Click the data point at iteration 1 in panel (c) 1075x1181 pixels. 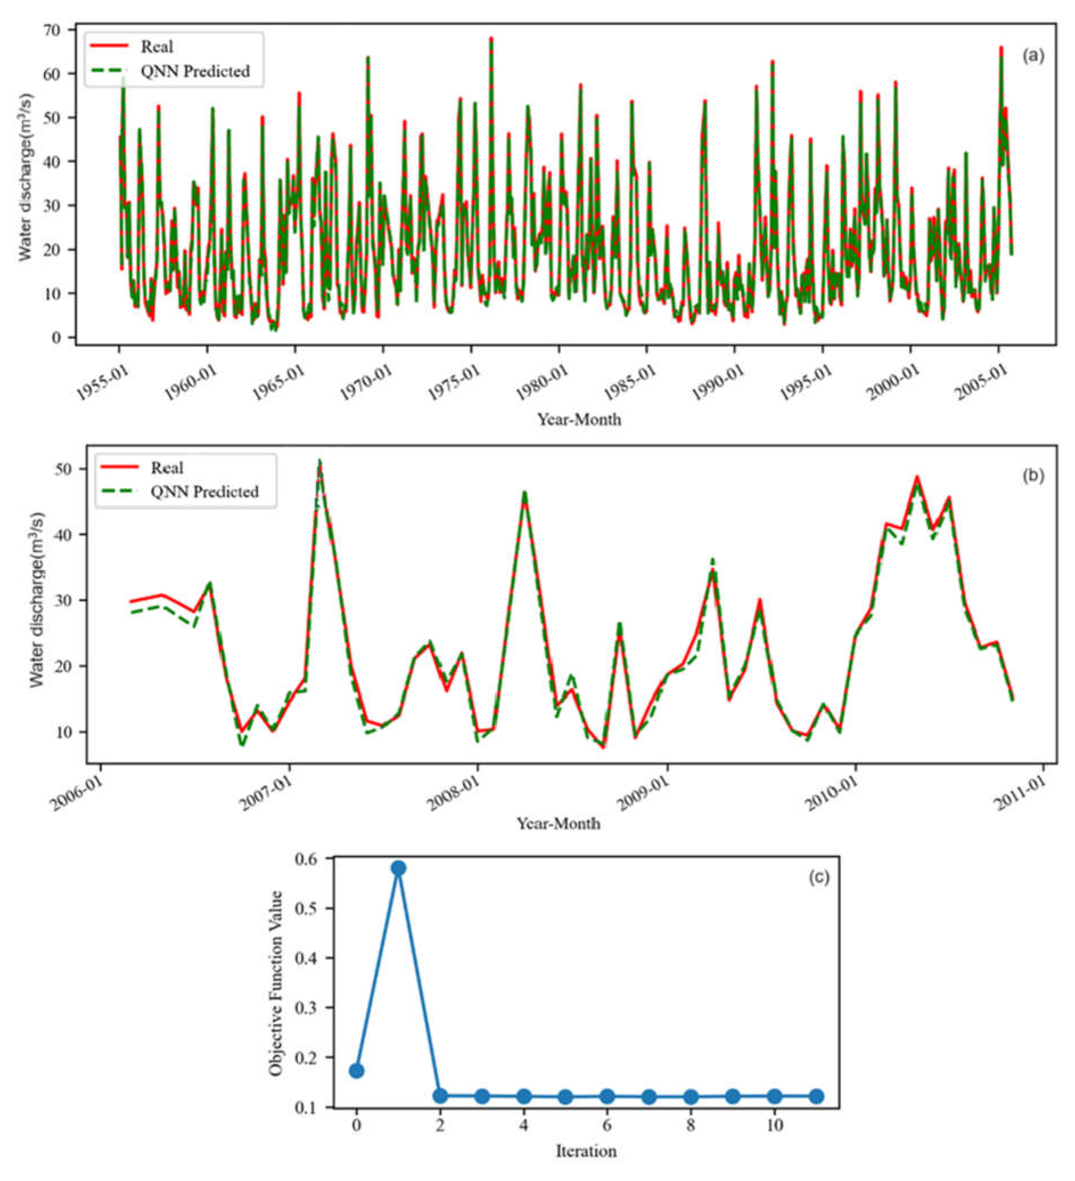point(398,868)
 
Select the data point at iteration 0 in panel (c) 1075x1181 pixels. point(356,1070)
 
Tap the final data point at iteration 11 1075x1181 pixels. point(816,1096)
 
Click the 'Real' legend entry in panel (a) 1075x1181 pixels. point(157,46)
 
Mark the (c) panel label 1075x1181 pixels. point(818,877)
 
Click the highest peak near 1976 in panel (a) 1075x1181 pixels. point(491,39)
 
